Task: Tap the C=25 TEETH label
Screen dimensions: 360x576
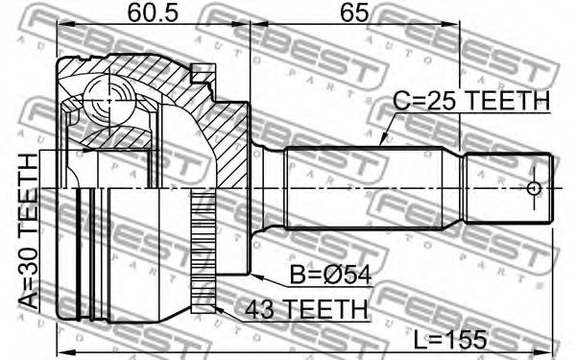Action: pyautogui.click(x=471, y=102)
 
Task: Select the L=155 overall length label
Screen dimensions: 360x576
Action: pyautogui.click(x=447, y=338)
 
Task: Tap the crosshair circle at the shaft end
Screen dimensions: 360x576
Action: pyautogui.click(x=534, y=189)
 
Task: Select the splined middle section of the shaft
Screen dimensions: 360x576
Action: pyautogui.click(x=374, y=189)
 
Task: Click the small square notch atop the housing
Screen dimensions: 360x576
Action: pyautogui.click(x=201, y=70)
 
